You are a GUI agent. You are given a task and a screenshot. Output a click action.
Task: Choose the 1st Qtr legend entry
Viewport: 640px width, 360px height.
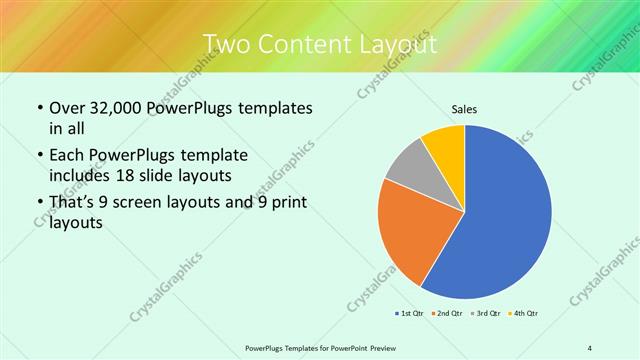point(409,314)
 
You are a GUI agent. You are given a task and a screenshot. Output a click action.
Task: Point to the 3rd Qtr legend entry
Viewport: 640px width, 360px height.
point(486,314)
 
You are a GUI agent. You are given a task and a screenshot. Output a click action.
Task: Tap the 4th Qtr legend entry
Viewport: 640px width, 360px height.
point(524,314)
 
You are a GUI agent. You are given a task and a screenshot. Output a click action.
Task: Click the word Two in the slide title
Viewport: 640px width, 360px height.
point(225,45)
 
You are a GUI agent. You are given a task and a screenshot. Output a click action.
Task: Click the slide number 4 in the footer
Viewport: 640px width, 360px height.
point(589,347)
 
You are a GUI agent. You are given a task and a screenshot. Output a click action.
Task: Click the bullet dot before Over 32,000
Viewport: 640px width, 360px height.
point(39,108)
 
